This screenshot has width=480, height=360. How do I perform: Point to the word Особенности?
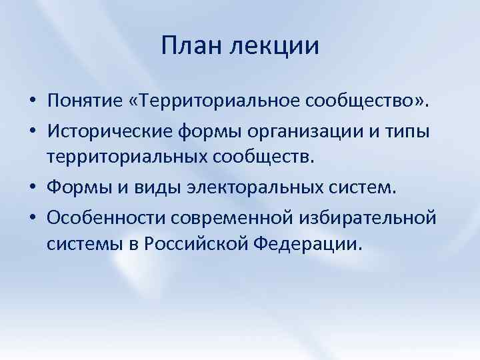102,217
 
